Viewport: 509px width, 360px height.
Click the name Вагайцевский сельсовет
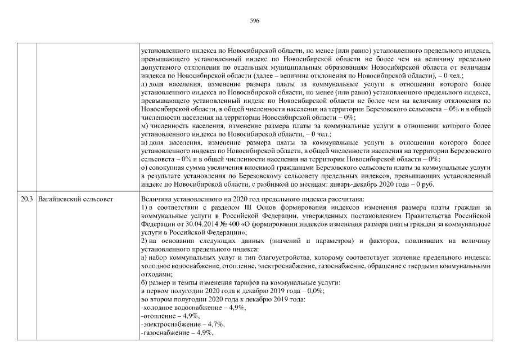(x=75, y=199)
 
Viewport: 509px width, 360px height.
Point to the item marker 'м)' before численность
(x=145, y=126)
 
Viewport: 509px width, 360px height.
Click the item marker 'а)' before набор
(x=144, y=257)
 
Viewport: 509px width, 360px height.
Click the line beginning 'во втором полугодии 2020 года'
(x=223, y=299)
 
